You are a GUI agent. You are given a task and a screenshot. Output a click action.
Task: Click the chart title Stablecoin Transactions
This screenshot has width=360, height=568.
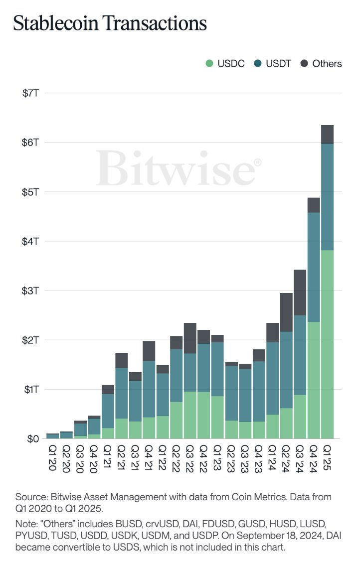[x=110, y=23]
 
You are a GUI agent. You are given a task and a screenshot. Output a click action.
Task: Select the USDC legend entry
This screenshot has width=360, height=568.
[x=224, y=63]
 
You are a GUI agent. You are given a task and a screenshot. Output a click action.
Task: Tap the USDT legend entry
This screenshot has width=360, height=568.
[x=273, y=63]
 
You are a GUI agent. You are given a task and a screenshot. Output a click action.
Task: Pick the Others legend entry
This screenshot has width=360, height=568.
[x=321, y=63]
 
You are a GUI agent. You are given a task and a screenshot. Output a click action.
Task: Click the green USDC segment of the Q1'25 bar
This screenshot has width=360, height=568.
[x=327, y=344]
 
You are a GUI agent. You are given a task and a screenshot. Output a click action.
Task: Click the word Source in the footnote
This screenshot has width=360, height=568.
[x=29, y=497]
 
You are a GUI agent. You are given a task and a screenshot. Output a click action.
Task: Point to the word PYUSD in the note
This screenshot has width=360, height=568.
[x=29, y=537]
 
